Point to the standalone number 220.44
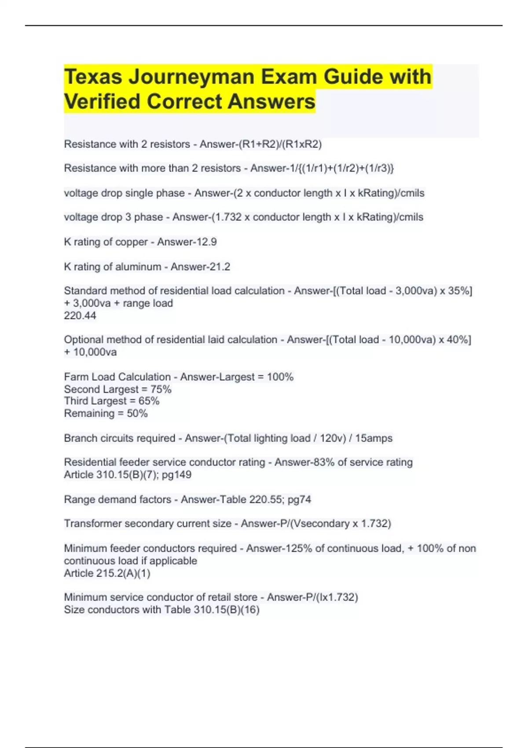[x=80, y=315]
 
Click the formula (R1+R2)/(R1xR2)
[x=280, y=144]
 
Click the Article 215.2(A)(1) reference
[x=107, y=573]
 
